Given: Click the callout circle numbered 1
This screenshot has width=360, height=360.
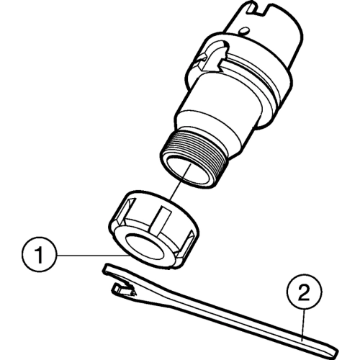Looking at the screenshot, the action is coord(39,255).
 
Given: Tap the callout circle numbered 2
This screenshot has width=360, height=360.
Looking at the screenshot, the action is coord(304,292).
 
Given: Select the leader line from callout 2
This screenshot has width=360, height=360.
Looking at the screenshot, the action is coord(303,325).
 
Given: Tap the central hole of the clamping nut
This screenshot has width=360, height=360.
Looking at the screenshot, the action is coord(145,247).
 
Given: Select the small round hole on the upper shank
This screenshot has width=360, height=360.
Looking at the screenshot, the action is coord(243,31).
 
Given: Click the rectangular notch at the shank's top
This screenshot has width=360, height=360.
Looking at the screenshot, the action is coord(258,8).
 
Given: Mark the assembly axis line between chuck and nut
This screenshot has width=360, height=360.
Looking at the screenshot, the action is coord(181,181).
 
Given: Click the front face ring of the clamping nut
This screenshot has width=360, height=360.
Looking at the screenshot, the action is coord(145,248).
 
